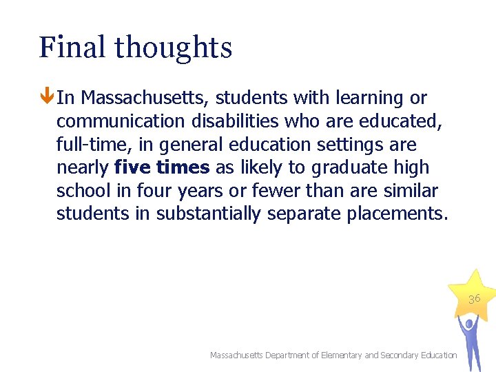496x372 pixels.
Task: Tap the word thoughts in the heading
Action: tap(173, 48)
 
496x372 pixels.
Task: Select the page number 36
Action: tap(474, 299)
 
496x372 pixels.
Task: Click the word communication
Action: tap(121, 121)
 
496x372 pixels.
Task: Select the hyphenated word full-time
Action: tap(86, 145)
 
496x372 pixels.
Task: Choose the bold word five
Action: tap(133, 167)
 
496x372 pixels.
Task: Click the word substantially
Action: tap(208, 214)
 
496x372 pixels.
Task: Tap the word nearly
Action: tap(82, 167)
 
